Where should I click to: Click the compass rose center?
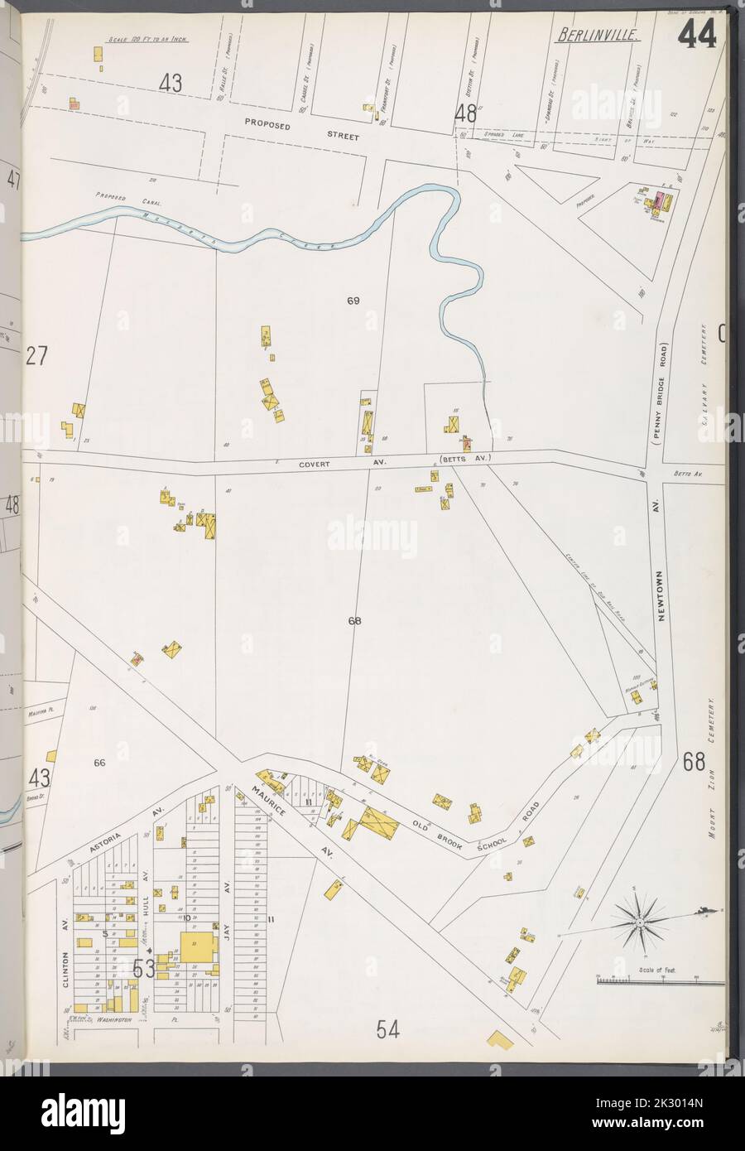pos(639,922)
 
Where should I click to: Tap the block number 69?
pos(353,301)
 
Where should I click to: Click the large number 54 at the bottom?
pos(388,1029)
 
